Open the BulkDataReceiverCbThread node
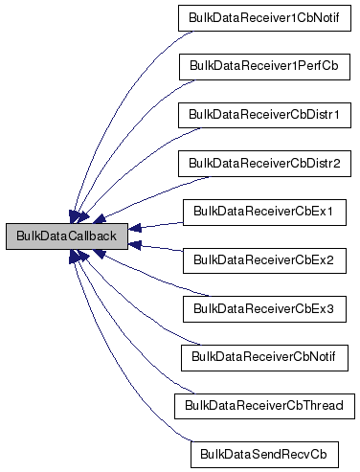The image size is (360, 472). [263, 405]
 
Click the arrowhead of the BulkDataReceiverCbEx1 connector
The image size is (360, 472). [135, 228]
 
